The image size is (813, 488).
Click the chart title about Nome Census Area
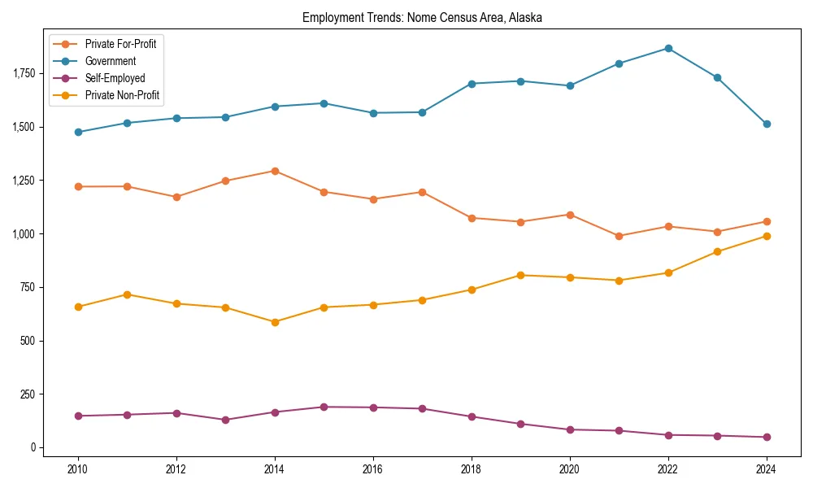tap(422, 17)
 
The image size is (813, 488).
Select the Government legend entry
tap(111, 61)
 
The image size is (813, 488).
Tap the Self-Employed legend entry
tap(115, 78)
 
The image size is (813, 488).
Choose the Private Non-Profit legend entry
tap(122, 95)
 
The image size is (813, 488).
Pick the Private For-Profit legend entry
tap(120, 44)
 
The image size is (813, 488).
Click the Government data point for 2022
tap(668, 48)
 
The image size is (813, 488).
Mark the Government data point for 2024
tap(767, 124)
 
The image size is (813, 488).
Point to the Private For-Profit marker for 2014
tap(275, 171)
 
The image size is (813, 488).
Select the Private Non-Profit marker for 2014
tap(275, 322)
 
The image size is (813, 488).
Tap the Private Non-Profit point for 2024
tap(767, 236)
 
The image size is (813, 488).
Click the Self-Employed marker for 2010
tap(78, 416)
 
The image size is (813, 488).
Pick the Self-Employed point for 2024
tap(767, 437)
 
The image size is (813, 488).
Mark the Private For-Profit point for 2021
tap(619, 236)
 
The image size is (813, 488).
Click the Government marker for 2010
tap(78, 132)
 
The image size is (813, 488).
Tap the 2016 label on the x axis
tap(373, 469)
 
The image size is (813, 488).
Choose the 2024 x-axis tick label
tap(767, 469)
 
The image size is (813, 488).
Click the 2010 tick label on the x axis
tap(78, 469)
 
